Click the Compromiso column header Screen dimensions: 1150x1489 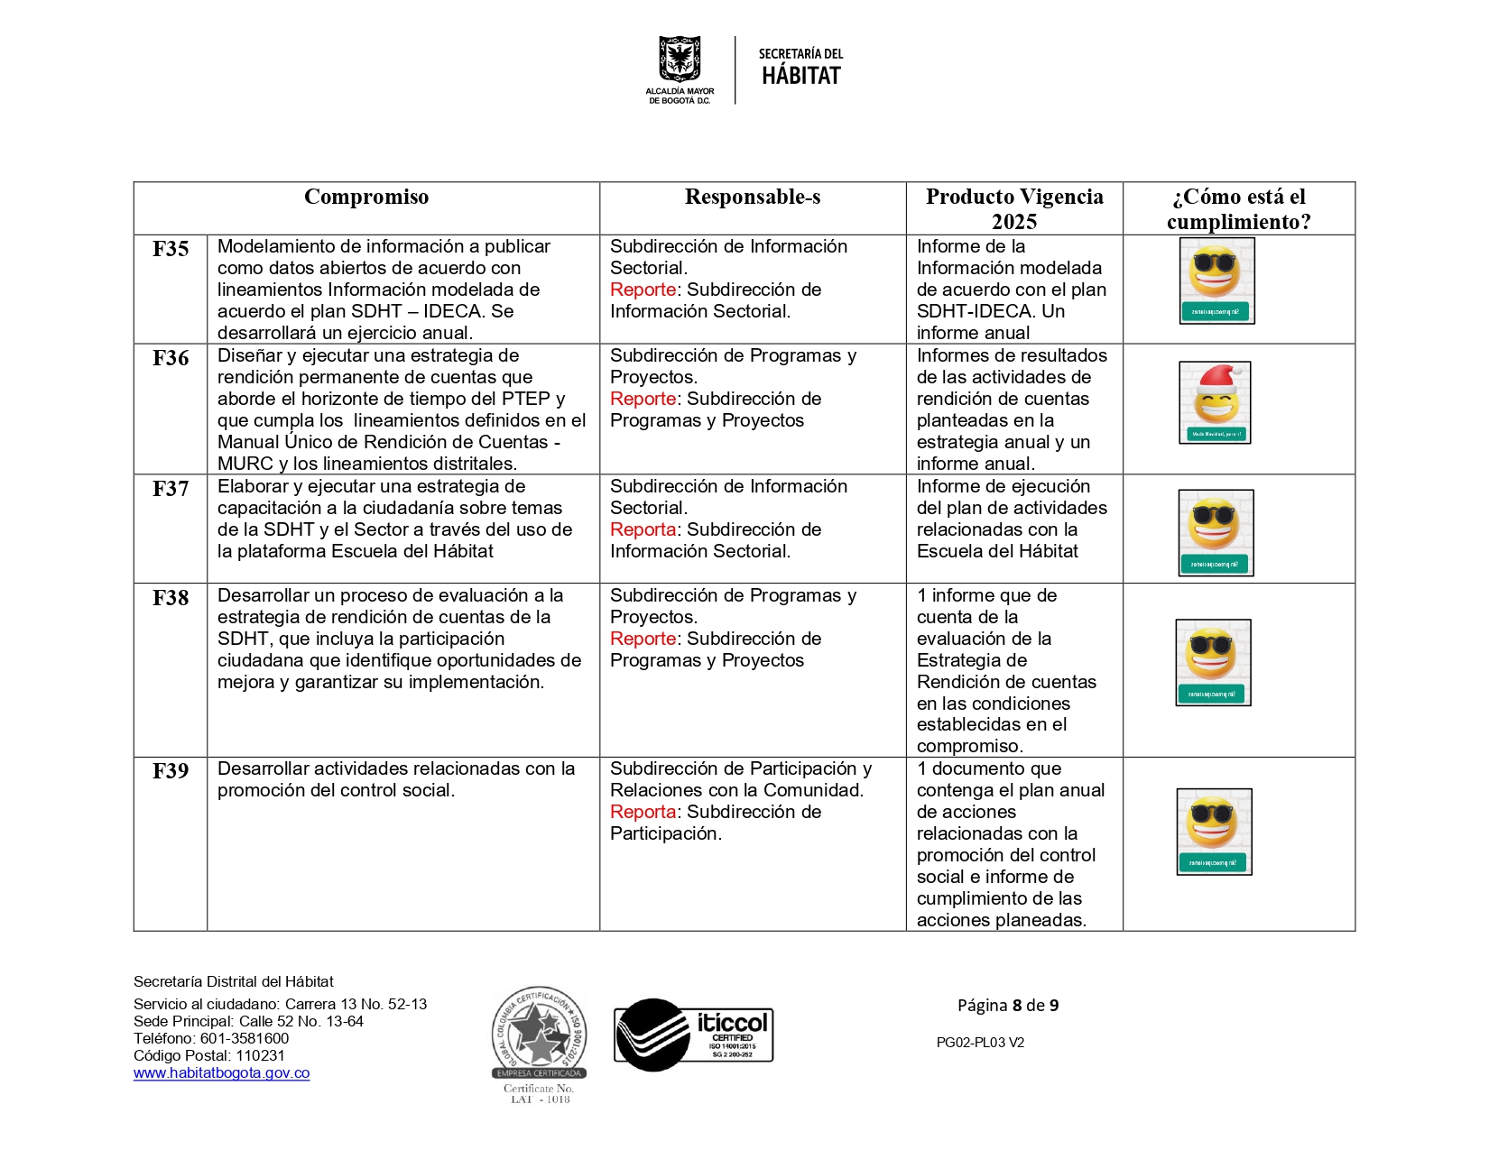(x=366, y=198)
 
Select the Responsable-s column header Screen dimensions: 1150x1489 (x=753, y=198)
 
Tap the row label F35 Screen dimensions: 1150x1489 (x=171, y=249)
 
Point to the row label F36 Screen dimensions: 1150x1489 (x=171, y=358)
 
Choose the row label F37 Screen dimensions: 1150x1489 (x=171, y=489)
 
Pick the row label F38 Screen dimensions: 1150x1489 (x=171, y=598)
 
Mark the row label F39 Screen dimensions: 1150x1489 (x=171, y=771)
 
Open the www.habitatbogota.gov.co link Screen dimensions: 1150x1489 (x=221, y=1073)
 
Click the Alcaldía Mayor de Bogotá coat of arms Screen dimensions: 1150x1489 (x=680, y=60)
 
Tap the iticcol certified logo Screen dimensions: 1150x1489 (x=693, y=1035)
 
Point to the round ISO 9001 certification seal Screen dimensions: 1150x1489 (x=539, y=1033)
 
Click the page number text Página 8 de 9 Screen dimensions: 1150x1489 (x=1008, y=1006)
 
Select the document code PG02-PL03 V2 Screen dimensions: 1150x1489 (x=980, y=1043)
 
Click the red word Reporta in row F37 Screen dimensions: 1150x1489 (x=643, y=530)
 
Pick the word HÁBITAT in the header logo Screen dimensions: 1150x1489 (x=800, y=77)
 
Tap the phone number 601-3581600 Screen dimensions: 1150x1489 (x=245, y=1039)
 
